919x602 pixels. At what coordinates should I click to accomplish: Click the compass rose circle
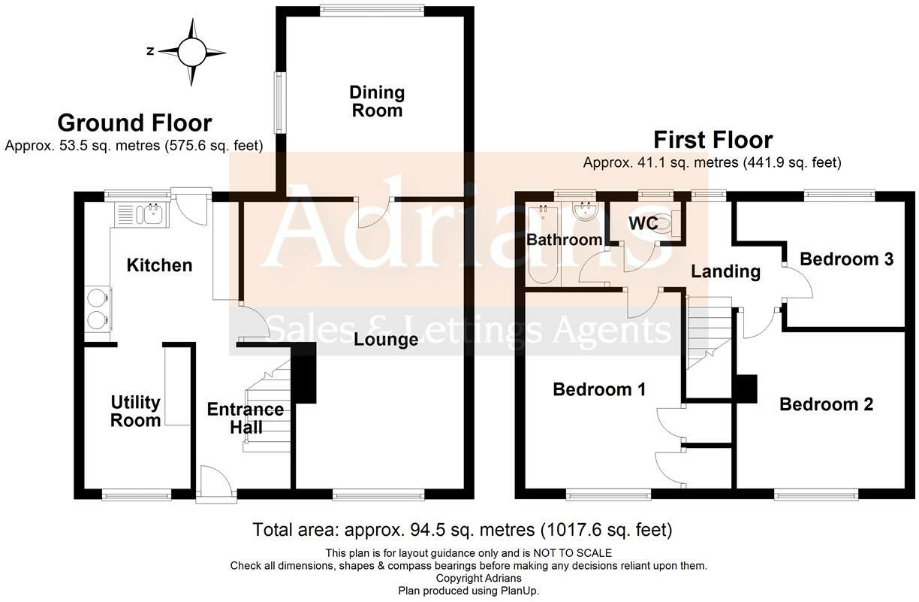click(x=191, y=52)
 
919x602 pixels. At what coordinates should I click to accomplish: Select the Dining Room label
click(x=377, y=101)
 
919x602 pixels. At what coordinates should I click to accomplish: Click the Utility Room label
click(x=135, y=411)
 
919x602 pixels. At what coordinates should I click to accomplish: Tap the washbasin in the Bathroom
click(x=586, y=211)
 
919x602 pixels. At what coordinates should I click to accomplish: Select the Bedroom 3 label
click(x=846, y=259)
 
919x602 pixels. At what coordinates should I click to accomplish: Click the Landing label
click(x=725, y=272)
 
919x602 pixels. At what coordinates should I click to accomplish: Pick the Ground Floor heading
click(x=134, y=123)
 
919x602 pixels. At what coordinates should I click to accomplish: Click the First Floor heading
click(x=713, y=140)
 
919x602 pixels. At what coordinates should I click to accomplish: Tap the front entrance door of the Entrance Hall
click(x=216, y=485)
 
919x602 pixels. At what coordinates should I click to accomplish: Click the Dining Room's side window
click(x=280, y=103)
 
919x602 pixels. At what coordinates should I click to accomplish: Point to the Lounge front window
click(x=378, y=495)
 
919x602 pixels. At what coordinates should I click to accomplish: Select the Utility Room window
click(x=137, y=495)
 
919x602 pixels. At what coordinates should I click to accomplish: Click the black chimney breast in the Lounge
click(x=303, y=373)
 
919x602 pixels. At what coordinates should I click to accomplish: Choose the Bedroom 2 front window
click(x=816, y=495)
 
